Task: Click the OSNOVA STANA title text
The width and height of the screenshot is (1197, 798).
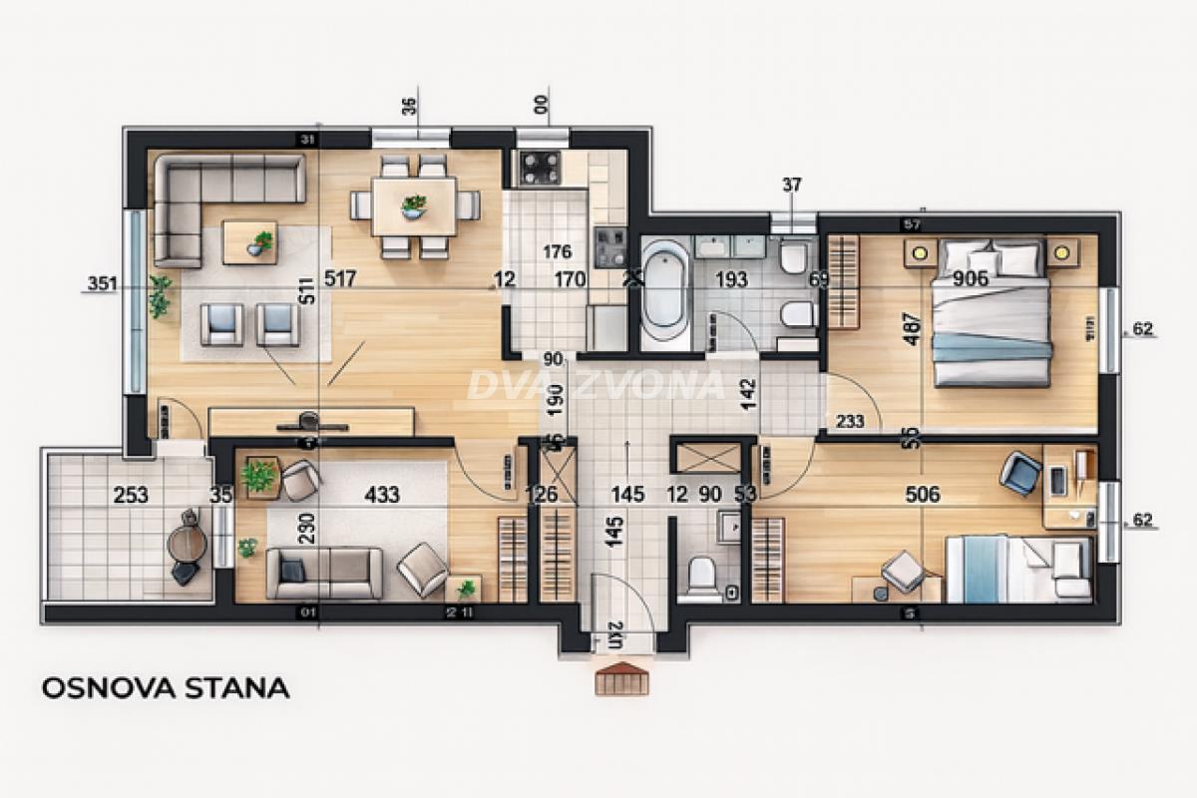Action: (x=166, y=687)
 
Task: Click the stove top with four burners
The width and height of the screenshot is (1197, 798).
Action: (x=540, y=168)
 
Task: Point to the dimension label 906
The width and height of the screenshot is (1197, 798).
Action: (x=971, y=278)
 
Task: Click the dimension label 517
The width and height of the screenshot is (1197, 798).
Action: (x=340, y=279)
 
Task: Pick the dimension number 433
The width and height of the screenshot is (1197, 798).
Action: (x=382, y=494)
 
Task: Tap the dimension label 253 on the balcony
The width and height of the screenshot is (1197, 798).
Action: (x=131, y=494)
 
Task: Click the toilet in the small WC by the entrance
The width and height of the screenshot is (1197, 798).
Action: (x=704, y=576)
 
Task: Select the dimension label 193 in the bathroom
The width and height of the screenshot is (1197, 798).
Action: (x=731, y=279)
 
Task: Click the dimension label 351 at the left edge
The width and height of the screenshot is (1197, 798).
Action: (x=102, y=284)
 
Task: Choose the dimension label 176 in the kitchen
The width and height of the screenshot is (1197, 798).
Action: (x=557, y=250)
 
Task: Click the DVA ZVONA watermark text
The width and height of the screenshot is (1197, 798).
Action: (x=597, y=385)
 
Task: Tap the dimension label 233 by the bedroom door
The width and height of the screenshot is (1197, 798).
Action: (x=850, y=422)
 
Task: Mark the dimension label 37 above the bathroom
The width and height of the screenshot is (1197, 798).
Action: (x=792, y=185)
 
